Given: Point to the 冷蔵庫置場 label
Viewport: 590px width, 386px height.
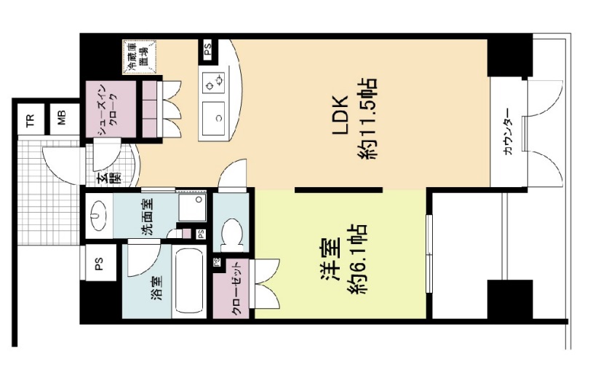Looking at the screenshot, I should point(137,55).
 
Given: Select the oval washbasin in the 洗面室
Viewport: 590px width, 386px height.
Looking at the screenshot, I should point(99,216).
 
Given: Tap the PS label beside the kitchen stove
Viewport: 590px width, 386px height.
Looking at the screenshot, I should point(207,50).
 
